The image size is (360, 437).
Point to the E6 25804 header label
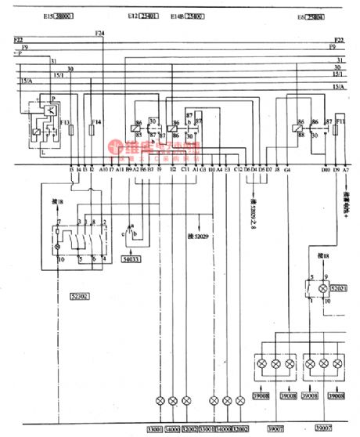[x=313, y=16]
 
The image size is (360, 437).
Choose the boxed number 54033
[x=132, y=258]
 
